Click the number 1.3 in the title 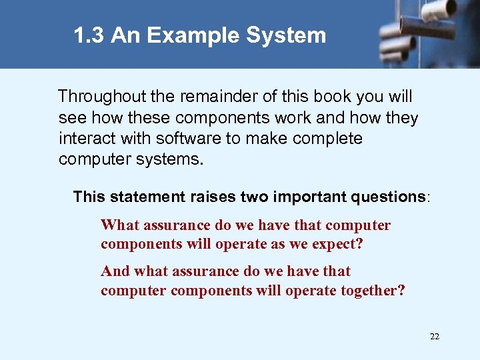click(x=89, y=35)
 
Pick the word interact click(x=82, y=139)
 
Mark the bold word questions click(x=385, y=197)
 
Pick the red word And click(x=115, y=271)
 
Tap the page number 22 click(x=435, y=337)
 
